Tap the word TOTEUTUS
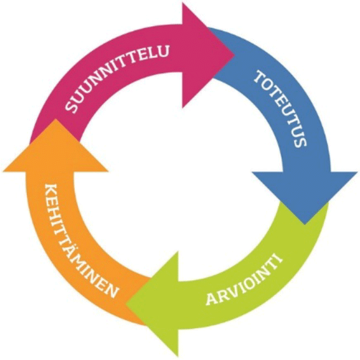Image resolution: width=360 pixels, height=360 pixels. click(281, 108)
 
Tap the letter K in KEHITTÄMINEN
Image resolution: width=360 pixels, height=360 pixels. click(51, 189)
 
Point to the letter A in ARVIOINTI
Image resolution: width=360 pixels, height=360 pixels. click(212, 299)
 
